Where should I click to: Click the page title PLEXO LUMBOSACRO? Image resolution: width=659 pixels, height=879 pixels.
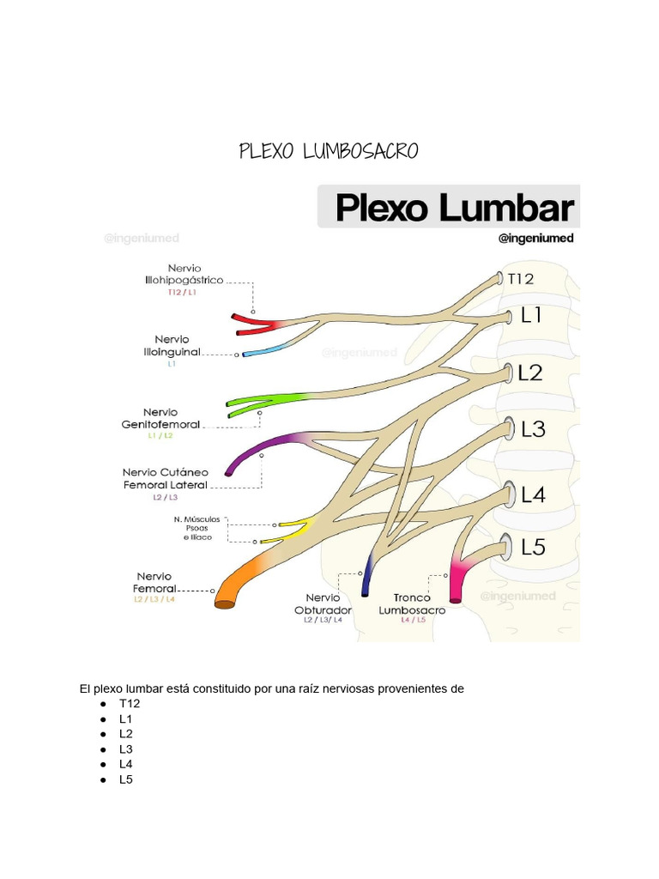[329, 152]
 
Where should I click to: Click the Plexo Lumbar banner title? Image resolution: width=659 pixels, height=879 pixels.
[453, 207]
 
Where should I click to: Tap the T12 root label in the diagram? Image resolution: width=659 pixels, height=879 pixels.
[520, 279]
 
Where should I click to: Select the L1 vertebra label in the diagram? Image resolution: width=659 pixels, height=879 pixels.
[532, 316]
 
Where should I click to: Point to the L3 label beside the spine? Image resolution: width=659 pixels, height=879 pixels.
[533, 428]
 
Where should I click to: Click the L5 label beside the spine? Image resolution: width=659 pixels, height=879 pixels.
[533, 547]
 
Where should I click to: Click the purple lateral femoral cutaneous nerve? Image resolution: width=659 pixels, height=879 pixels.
[257, 447]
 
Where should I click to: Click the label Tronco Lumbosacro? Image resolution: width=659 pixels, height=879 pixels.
[412, 603]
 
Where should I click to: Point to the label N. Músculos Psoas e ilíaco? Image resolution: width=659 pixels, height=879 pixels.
[196, 528]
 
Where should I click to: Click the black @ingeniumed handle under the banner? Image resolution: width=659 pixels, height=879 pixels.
[535, 239]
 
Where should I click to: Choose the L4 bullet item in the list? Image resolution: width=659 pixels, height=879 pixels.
[126, 764]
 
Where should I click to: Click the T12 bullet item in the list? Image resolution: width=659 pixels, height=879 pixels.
[130, 703]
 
